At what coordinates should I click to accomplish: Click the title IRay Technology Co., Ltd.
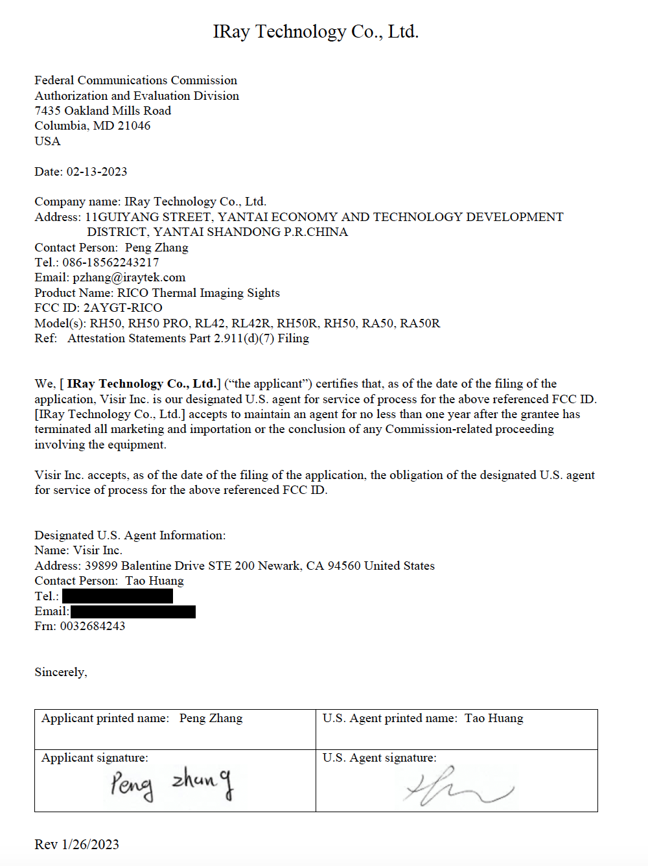coord(316,32)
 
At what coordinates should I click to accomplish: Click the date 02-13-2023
coord(97,172)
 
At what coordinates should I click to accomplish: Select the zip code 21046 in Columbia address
coord(134,126)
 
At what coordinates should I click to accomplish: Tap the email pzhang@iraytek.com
coord(129,277)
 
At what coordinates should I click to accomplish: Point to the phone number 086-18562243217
coord(111,263)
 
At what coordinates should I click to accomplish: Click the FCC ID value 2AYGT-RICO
coord(123,308)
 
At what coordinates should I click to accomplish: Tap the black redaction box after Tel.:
coord(117,596)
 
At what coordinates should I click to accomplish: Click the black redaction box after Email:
coord(133,611)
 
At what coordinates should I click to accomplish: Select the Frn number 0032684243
coord(93,626)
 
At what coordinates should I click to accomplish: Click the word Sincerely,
coord(61,672)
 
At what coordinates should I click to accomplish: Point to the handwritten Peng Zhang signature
coord(171,782)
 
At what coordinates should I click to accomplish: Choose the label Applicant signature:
coord(95,758)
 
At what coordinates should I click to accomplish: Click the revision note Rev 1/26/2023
coord(76,845)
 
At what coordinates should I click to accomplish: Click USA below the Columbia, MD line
coord(47,141)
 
